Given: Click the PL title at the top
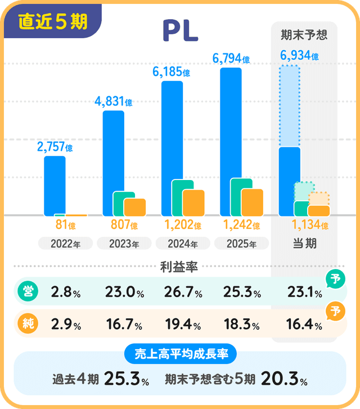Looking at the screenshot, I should (x=180, y=31).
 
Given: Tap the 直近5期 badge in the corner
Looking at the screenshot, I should (x=52, y=21).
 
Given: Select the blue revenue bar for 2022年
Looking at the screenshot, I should (x=55, y=186).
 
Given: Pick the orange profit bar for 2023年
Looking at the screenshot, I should (x=135, y=207).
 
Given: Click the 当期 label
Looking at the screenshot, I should (x=304, y=244).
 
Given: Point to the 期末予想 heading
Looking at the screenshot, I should (x=304, y=35).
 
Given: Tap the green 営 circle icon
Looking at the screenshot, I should (x=26, y=292).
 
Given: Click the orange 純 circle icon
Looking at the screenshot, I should (x=26, y=324).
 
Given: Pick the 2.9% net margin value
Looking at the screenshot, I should (x=66, y=325).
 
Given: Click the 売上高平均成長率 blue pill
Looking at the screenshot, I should (x=180, y=354).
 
